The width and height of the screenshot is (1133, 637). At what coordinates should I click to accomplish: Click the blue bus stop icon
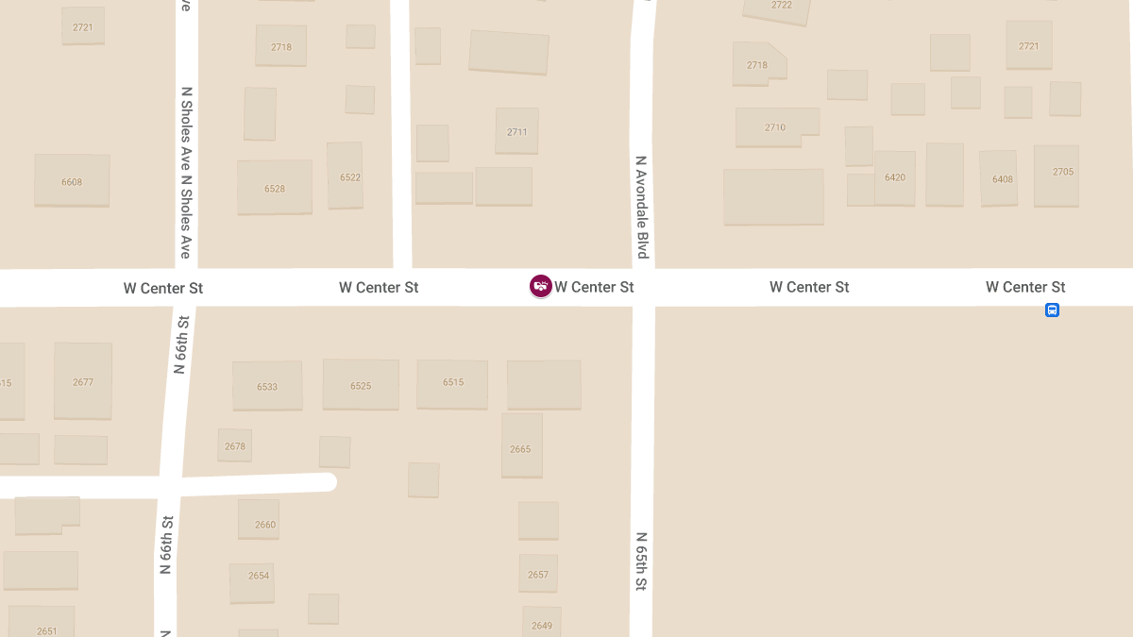click(x=1052, y=310)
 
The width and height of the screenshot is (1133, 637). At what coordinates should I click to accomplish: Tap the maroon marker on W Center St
click(x=540, y=286)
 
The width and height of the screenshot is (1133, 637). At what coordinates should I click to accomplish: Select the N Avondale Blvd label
click(x=642, y=208)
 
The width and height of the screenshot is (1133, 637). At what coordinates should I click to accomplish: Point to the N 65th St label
click(x=641, y=562)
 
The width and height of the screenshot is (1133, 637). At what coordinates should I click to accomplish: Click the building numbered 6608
click(x=72, y=180)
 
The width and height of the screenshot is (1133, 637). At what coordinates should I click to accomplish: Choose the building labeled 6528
click(x=274, y=187)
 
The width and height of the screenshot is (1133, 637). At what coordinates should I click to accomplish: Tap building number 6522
click(x=346, y=176)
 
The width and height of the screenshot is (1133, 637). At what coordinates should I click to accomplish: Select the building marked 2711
click(x=516, y=131)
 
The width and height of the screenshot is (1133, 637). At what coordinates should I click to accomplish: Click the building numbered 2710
click(x=776, y=127)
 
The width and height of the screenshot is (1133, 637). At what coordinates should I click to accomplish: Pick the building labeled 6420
click(x=894, y=177)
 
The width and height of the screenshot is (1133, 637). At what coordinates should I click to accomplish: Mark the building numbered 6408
click(x=999, y=177)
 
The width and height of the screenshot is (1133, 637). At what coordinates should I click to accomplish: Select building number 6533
click(x=267, y=385)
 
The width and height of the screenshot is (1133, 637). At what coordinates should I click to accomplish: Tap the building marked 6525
click(x=361, y=384)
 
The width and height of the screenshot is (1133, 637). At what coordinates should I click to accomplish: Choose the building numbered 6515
click(x=452, y=383)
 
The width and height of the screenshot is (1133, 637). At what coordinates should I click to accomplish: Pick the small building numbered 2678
click(x=235, y=444)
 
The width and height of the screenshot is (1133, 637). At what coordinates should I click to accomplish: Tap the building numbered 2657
click(x=538, y=573)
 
